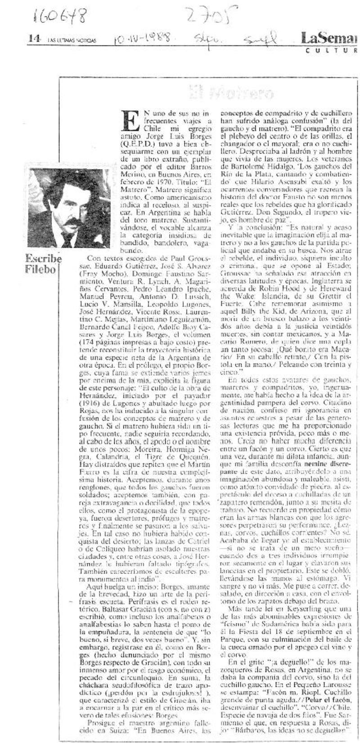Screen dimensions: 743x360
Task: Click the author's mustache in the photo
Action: (73, 222)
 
